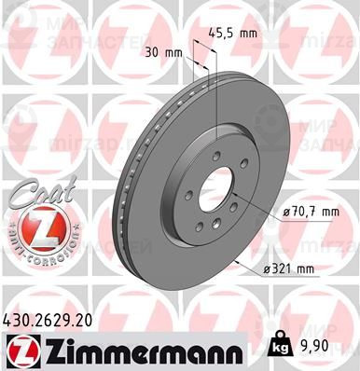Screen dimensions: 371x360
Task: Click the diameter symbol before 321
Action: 266,270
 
